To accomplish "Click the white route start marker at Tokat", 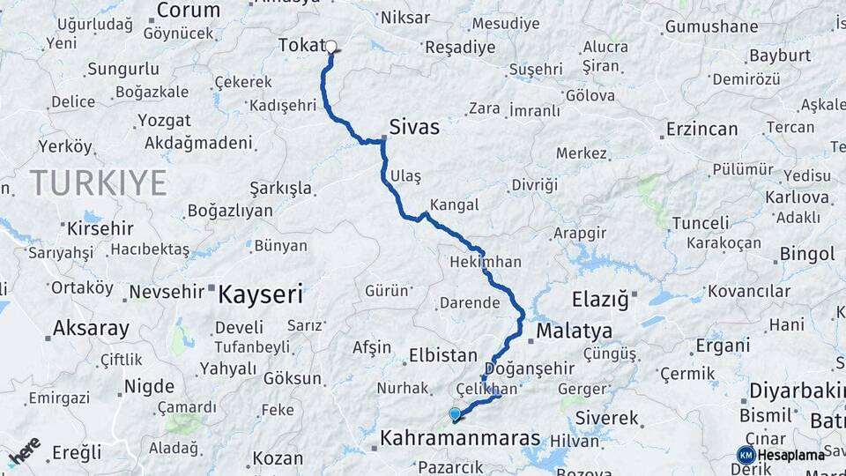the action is (331, 48).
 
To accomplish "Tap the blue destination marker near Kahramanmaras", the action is (455, 413).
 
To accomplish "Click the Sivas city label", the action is (414, 127).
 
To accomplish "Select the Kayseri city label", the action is (260, 293).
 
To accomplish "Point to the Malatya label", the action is (574, 331).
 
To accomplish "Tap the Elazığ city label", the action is (600, 300).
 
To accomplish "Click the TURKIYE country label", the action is (98, 182).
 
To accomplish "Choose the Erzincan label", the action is (701, 129).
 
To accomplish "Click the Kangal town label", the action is (456, 205).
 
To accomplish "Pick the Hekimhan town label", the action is (486, 262).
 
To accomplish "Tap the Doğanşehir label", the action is (529, 368).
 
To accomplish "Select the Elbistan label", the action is (442, 356).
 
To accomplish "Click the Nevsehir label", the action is (167, 292).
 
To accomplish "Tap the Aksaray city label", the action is (91, 329).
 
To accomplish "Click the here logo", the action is (24, 451).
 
